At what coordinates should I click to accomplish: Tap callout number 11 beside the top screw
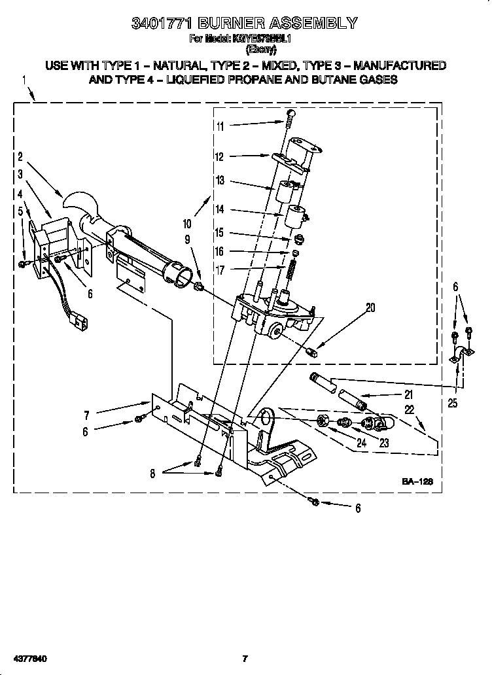[x=220, y=126]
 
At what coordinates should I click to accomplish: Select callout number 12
[x=220, y=156]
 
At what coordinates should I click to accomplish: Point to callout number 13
[x=220, y=181]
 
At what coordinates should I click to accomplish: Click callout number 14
[x=220, y=209]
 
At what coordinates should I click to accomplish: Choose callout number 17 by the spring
[x=220, y=269]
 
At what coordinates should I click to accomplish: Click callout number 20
[x=371, y=307]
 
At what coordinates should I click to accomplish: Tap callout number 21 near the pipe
[x=408, y=394]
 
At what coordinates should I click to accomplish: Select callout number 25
[x=453, y=403]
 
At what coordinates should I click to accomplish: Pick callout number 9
[x=187, y=240]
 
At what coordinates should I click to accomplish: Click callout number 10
[x=187, y=223]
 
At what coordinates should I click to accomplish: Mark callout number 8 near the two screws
[x=152, y=474]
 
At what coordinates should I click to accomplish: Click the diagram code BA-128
[x=417, y=482]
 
